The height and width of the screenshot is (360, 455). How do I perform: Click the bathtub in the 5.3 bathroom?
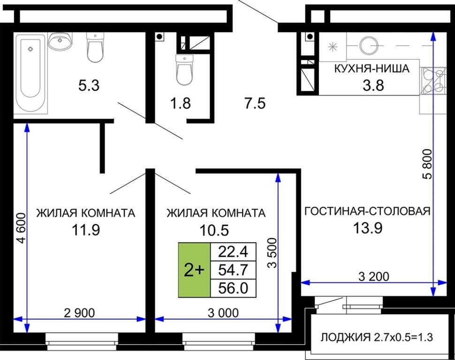pos(31,73)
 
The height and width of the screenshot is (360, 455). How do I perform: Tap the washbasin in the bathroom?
pos(60,41)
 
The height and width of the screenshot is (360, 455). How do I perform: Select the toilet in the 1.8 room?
pos(184,70)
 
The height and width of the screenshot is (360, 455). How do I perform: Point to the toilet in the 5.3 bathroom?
pos(95,47)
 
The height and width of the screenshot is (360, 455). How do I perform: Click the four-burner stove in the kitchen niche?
pos(433,81)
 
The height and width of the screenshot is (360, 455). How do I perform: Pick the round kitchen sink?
pos(369,45)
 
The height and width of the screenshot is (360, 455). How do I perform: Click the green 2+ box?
pos(194,270)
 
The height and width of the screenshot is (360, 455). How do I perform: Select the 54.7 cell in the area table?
pos(233,270)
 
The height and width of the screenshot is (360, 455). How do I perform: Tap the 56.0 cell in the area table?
pos(233,288)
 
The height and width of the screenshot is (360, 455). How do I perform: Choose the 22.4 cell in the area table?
pos(233,252)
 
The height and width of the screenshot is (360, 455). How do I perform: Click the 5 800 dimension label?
pos(427,164)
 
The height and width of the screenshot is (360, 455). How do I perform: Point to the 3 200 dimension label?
pos(374,277)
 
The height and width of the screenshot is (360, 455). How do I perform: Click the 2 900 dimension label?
pos(79,313)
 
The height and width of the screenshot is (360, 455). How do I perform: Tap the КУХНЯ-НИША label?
pos(372,68)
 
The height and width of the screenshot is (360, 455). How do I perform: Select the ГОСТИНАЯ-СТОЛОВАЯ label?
pos(367,211)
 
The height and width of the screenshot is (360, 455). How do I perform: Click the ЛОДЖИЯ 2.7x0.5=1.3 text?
pos(377,337)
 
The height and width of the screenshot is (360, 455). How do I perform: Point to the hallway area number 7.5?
pos(255,104)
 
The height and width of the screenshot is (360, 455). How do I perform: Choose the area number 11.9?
pos(86,230)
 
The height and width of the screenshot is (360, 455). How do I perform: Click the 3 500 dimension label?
pos(272,253)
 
